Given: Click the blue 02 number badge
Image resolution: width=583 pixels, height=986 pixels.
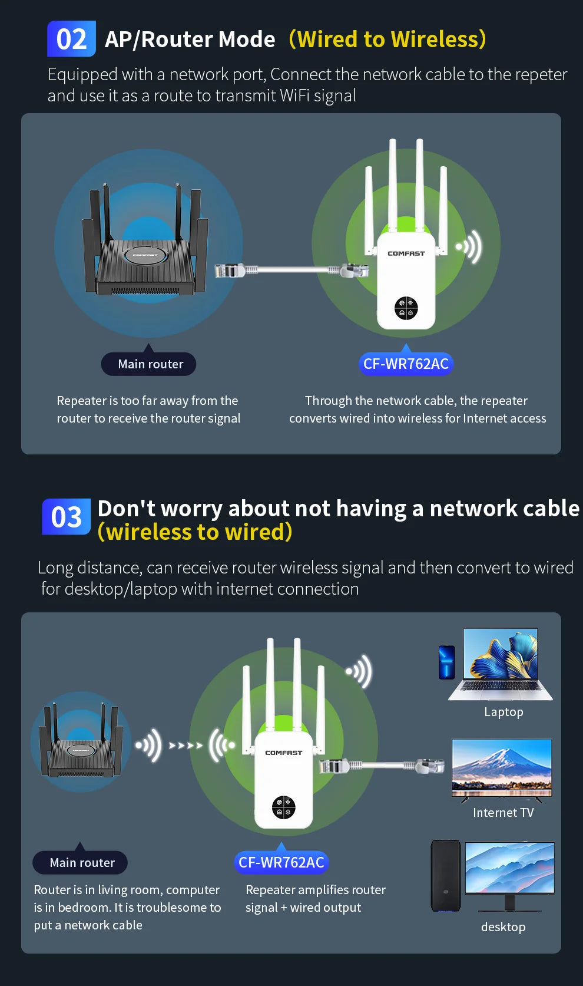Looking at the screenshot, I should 71,39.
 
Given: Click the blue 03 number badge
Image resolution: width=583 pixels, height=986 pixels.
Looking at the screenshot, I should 66,517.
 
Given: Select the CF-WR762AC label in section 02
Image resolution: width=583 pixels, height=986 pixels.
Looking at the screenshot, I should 406,364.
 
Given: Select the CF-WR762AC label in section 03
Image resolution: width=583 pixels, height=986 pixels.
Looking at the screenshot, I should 281,863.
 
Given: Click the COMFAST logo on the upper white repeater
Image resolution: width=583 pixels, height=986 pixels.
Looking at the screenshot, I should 406,253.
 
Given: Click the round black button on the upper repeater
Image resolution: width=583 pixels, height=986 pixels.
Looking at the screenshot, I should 406,308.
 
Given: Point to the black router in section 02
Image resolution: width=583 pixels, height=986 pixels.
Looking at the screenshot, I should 144,259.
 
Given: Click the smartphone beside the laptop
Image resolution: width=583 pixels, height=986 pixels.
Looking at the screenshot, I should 447,662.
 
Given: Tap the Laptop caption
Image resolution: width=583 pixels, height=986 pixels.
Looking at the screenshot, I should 503,712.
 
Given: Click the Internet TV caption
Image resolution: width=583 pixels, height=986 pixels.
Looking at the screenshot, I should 503,813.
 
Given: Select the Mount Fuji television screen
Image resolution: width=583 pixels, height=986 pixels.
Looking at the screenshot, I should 502,766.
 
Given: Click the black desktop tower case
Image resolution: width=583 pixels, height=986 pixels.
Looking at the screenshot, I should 446,876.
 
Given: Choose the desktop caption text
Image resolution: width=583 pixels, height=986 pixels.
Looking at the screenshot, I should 503,927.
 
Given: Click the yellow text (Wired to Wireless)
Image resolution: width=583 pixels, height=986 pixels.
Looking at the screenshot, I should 387,39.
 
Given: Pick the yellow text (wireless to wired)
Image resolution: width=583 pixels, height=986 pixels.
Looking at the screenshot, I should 195,532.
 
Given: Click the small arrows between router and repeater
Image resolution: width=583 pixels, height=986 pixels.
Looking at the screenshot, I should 185,746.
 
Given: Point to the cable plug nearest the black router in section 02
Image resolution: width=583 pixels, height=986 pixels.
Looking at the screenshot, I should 230,271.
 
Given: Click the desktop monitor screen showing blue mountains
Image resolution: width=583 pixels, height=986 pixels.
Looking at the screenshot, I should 509,868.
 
